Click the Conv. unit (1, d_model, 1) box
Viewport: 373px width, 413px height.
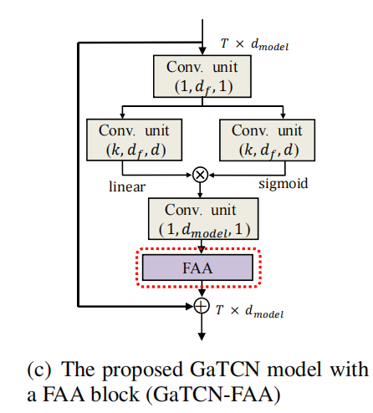click(200, 217)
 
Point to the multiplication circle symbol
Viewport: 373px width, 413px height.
click(200, 174)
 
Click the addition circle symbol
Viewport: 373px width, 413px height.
click(200, 306)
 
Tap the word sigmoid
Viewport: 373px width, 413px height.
click(284, 181)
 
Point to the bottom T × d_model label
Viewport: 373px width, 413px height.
click(248, 312)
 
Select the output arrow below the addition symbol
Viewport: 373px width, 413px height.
click(200, 328)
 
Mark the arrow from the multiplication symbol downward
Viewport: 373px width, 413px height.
click(200, 189)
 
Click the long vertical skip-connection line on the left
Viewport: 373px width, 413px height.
click(77, 176)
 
